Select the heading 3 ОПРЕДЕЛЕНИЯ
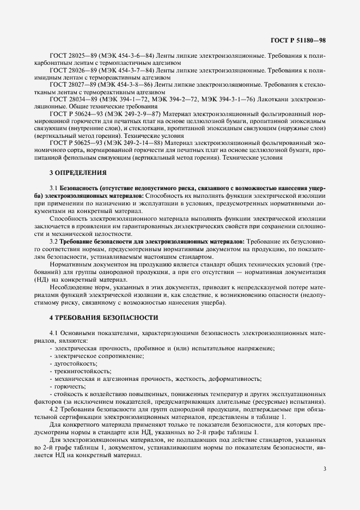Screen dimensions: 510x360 78,173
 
